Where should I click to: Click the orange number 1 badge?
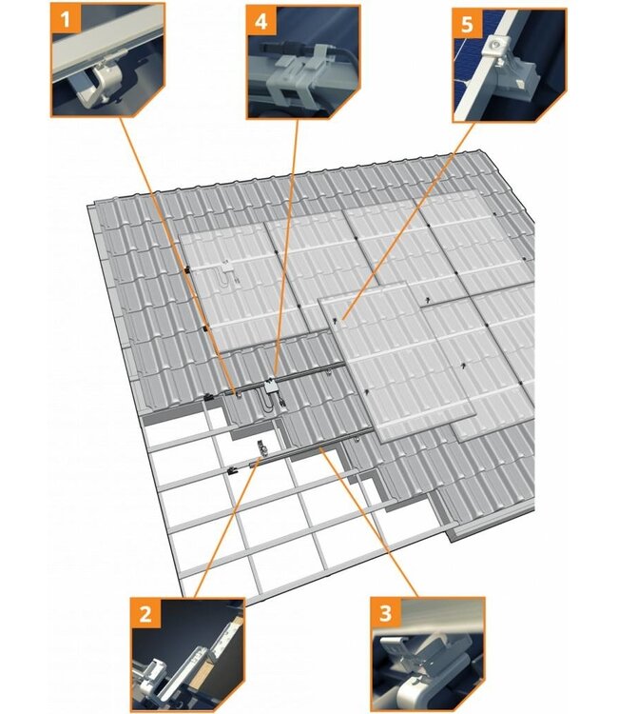pyautogui.click(x=66, y=19)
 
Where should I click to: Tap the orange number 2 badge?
pyautogui.click(x=145, y=613)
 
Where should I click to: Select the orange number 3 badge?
pyautogui.click(x=385, y=612)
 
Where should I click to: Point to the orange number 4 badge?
pyautogui.click(x=261, y=21)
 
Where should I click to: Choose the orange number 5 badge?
pyautogui.click(x=467, y=24)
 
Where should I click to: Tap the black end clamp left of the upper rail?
pyautogui.click(x=208, y=397)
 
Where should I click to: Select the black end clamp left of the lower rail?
pyautogui.click(x=232, y=471)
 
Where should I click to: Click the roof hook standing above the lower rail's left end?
pyautogui.click(x=261, y=448)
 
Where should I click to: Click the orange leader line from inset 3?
pyautogui.click(x=368, y=523)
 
